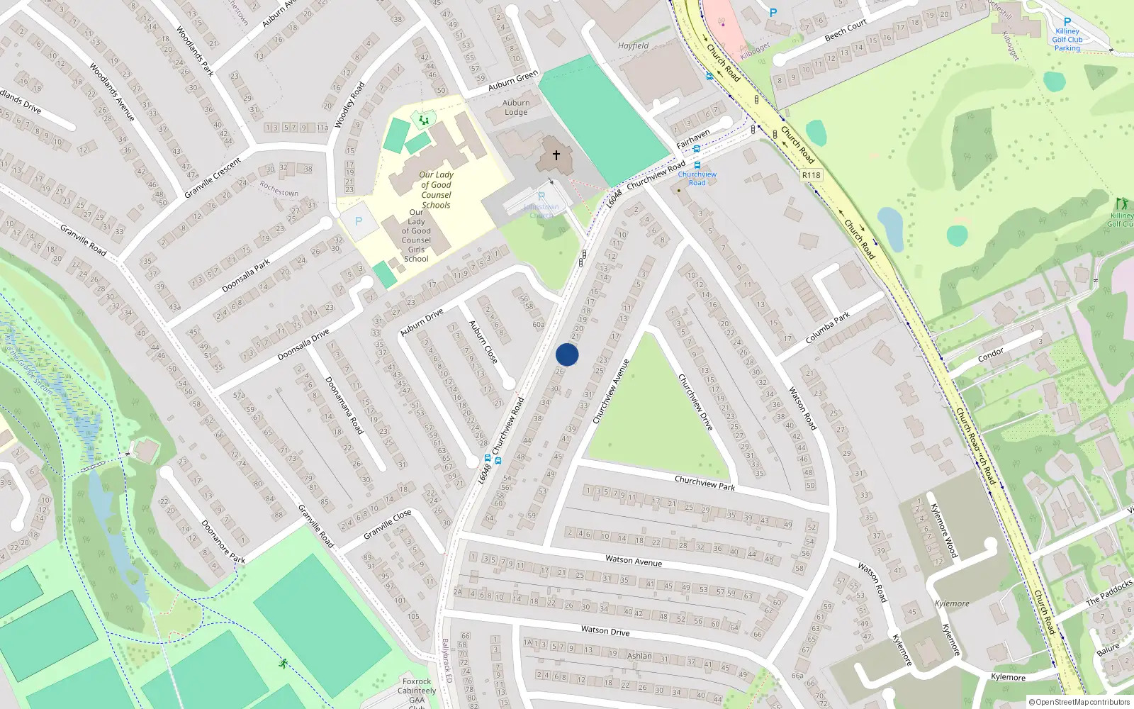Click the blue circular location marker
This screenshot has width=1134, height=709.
coord(567,354)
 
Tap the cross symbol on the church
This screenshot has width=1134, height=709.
coord(556,155)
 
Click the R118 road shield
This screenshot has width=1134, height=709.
coord(812,175)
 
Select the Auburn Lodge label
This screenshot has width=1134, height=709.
coord(516,108)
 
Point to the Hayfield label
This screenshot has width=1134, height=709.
coord(633,46)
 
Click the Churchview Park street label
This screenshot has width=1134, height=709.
coord(704,483)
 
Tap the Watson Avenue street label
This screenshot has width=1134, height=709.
coord(634,561)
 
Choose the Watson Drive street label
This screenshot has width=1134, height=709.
coord(605,630)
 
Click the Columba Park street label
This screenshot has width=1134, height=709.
coord(828,328)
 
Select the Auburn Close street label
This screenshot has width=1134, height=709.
coord(483,342)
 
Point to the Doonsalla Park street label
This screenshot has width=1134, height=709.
coord(246,276)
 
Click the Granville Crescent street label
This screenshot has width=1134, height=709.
coord(213,178)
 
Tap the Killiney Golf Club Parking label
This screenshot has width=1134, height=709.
coord(1067,40)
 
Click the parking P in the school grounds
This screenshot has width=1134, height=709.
coord(359,221)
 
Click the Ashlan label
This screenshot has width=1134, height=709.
coord(639,656)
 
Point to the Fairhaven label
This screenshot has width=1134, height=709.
coord(692,139)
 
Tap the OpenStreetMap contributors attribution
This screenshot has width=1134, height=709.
coord(1079,703)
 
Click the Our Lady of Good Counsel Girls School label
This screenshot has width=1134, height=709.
coord(416,235)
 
